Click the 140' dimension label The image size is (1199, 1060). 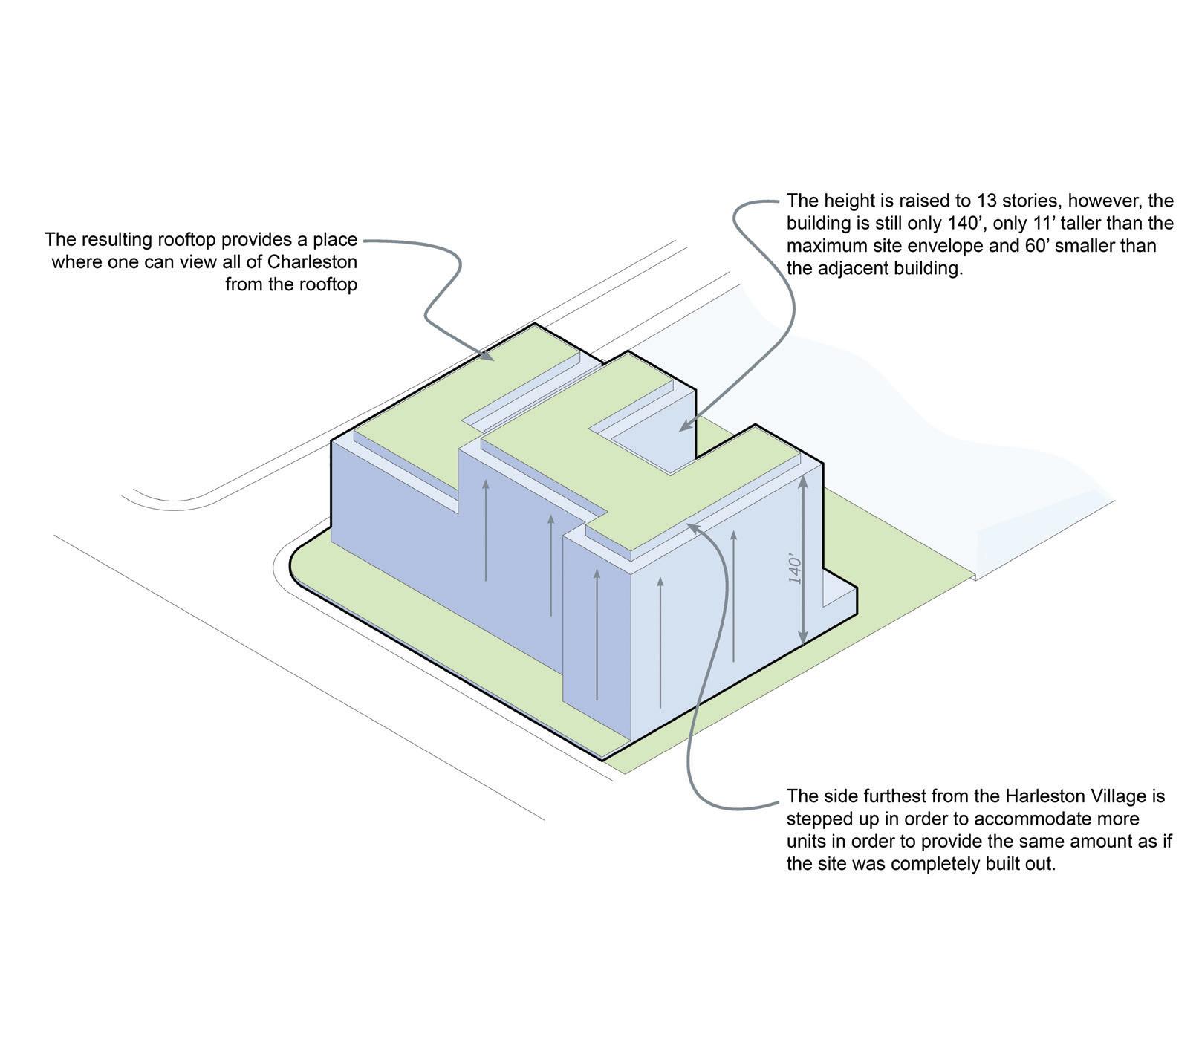pyautogui.click(x=796, y=568)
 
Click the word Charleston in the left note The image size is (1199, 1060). pyautogui.click(x=312, y=262)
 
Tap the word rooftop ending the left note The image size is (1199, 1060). pyautogui.click(x=328, y=284)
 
